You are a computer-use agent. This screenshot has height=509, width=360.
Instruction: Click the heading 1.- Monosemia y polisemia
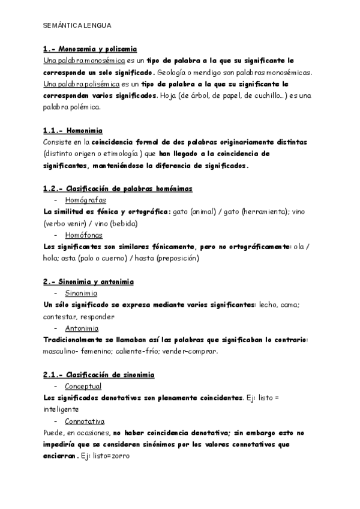(90, 49)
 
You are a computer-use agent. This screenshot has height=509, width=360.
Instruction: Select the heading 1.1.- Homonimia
(73, 130)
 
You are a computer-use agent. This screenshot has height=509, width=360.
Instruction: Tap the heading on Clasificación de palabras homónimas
(118, 188)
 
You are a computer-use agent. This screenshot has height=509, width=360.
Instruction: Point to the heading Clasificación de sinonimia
(98, 375)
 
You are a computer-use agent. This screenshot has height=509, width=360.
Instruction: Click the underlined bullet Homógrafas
(85, 200)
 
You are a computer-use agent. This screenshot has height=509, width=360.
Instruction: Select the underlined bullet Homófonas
(83, 235)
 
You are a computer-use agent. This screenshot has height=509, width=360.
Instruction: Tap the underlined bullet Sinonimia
(81, 294)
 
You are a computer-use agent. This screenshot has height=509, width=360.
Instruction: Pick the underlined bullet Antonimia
(82, 328)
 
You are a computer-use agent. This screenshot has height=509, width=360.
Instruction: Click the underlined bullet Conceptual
(83, 387)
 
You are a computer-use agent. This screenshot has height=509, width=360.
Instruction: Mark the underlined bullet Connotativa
(85, 421)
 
